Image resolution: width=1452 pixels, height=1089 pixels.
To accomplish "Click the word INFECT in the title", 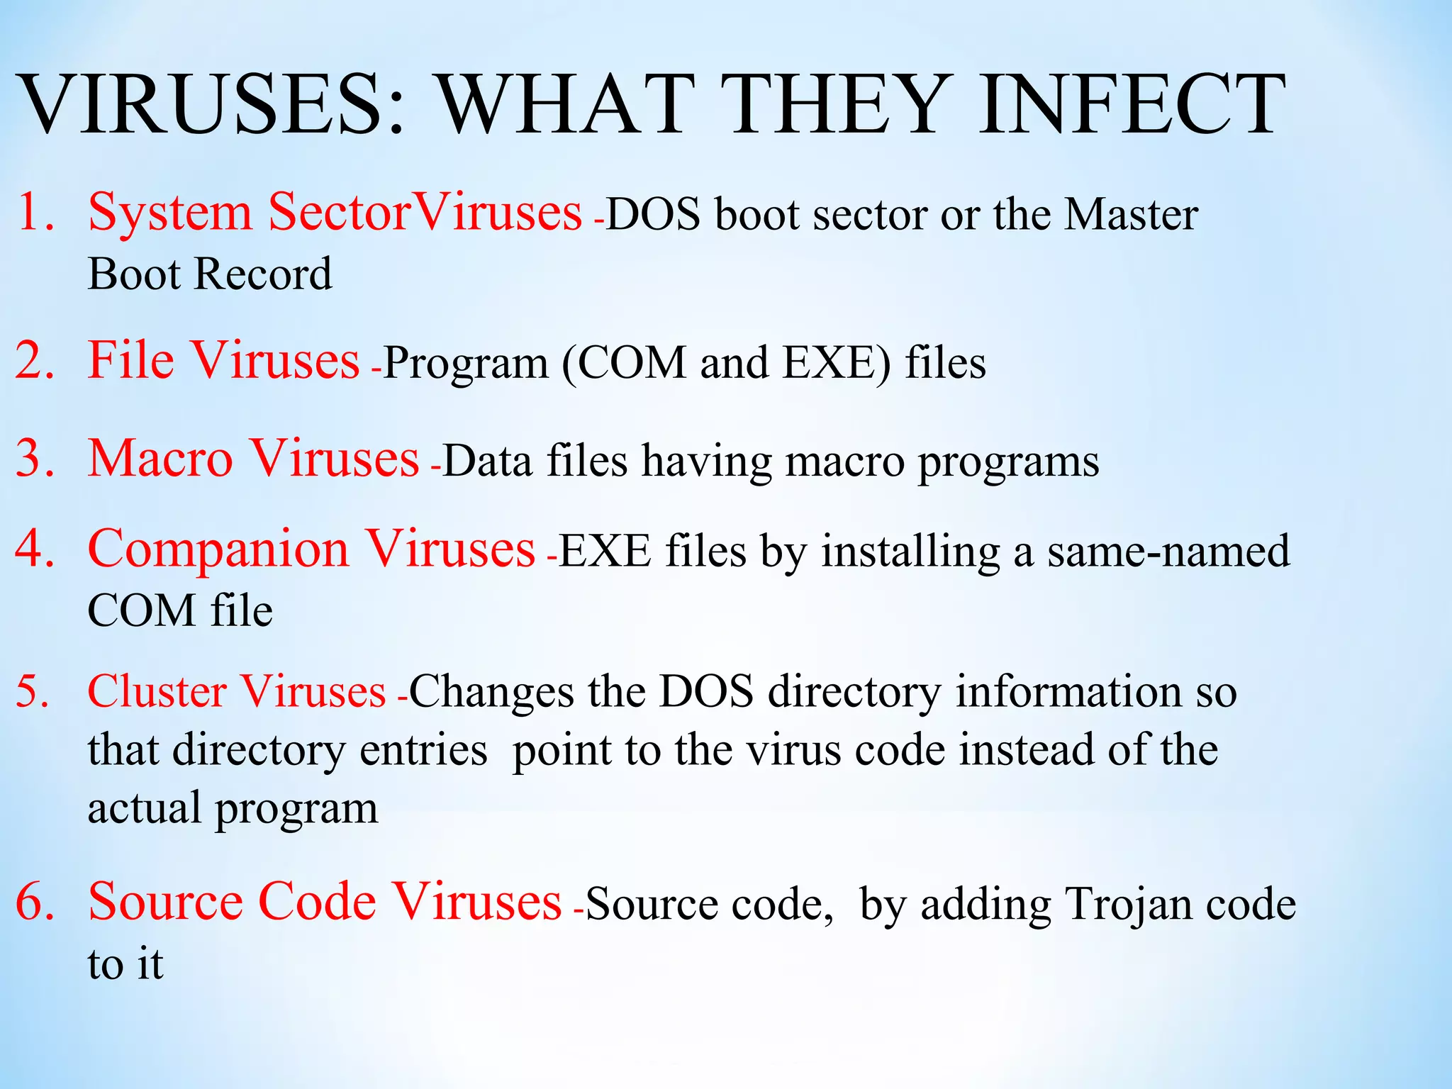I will point(1132,105).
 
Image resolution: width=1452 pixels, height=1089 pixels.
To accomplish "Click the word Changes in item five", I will point(491,691).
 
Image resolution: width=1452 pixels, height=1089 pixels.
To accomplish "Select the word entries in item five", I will point(423,749).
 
